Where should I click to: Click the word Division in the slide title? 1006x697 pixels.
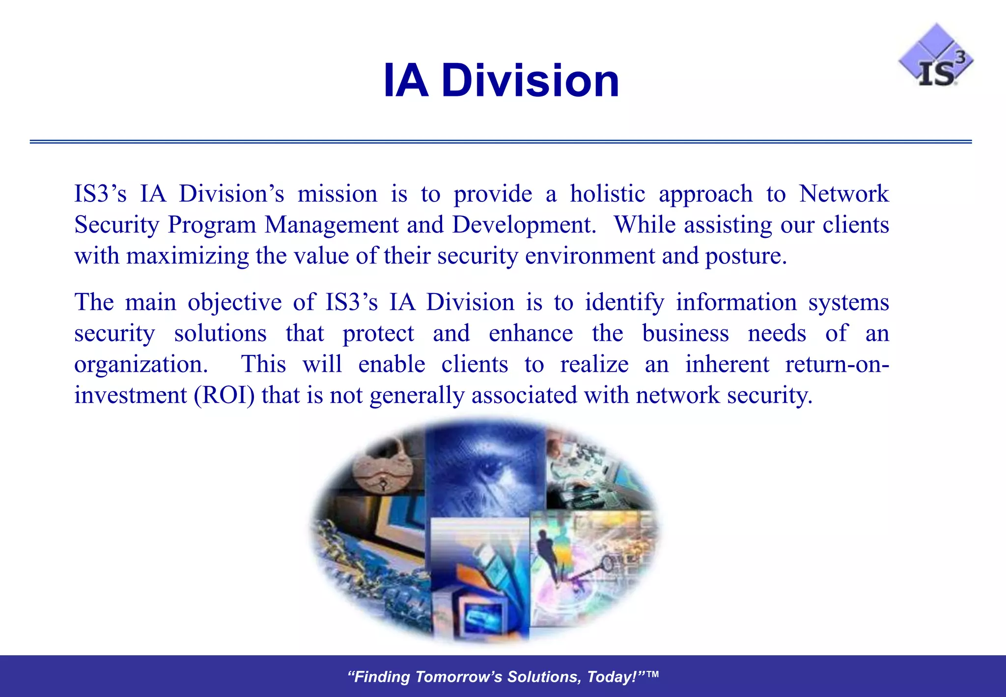point(530,81)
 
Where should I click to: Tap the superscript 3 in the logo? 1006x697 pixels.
point(960,57)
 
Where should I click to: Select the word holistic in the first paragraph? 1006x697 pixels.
point(607,194)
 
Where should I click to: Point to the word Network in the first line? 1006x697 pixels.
point(843,194)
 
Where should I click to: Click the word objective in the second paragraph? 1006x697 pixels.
point(235,302)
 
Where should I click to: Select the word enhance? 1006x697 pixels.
point(531,333)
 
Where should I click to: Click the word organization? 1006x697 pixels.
point(140,364)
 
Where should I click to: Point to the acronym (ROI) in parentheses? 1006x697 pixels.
point(224,395)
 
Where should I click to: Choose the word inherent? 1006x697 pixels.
point(727,364)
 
